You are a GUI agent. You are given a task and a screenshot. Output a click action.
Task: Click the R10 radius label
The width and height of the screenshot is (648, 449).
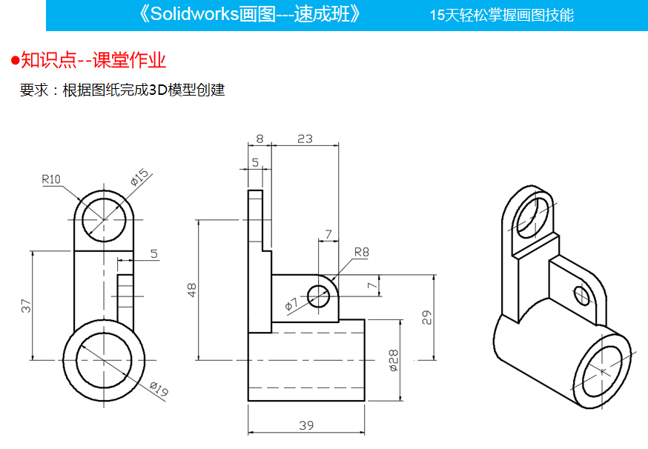pyautogui.click(x=51, y=179)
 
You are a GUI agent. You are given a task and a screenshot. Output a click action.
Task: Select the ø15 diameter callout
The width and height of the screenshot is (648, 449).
pyautogui.click(x=139, y=178)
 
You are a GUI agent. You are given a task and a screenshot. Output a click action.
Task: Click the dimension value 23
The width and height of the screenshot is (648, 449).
pyautogui.click(x=304, y=138)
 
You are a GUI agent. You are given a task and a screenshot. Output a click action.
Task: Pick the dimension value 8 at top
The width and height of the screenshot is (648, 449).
pyautogui.click(x=259, y=138)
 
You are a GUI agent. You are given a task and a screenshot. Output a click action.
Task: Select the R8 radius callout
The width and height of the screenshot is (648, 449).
pyautogui.click(x=361, y=252)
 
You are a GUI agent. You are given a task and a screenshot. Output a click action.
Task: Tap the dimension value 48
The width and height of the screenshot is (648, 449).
pyautogui.click(x=191, y=290)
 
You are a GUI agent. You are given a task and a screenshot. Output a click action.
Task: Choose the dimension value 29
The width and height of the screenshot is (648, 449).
pyautogui.click(x=426, y=317)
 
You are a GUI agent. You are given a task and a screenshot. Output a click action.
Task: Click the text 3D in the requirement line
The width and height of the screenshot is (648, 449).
pyautogui.click(x=159, y=90)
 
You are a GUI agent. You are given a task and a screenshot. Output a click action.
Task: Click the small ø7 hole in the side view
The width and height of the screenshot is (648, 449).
pyautogui.click(x=319, y=296)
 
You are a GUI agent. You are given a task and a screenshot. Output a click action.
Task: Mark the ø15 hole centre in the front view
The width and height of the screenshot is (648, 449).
pyautogui.click(x=104, y=219)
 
